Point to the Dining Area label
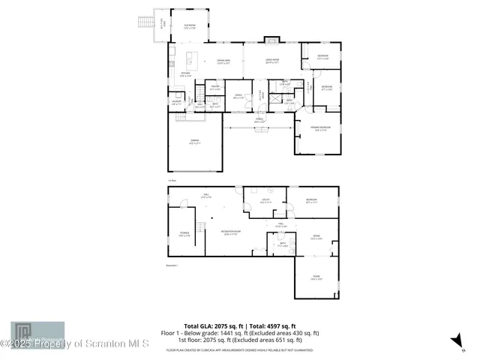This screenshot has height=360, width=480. point(223,61)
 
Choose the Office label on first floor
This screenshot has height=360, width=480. point(238,96)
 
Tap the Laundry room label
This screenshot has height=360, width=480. point(177,103)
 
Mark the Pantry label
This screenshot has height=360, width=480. point(214,88)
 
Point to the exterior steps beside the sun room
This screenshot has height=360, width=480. point(145,22)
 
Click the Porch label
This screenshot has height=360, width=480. point(259,120)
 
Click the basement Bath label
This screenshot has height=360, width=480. point(283,244)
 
